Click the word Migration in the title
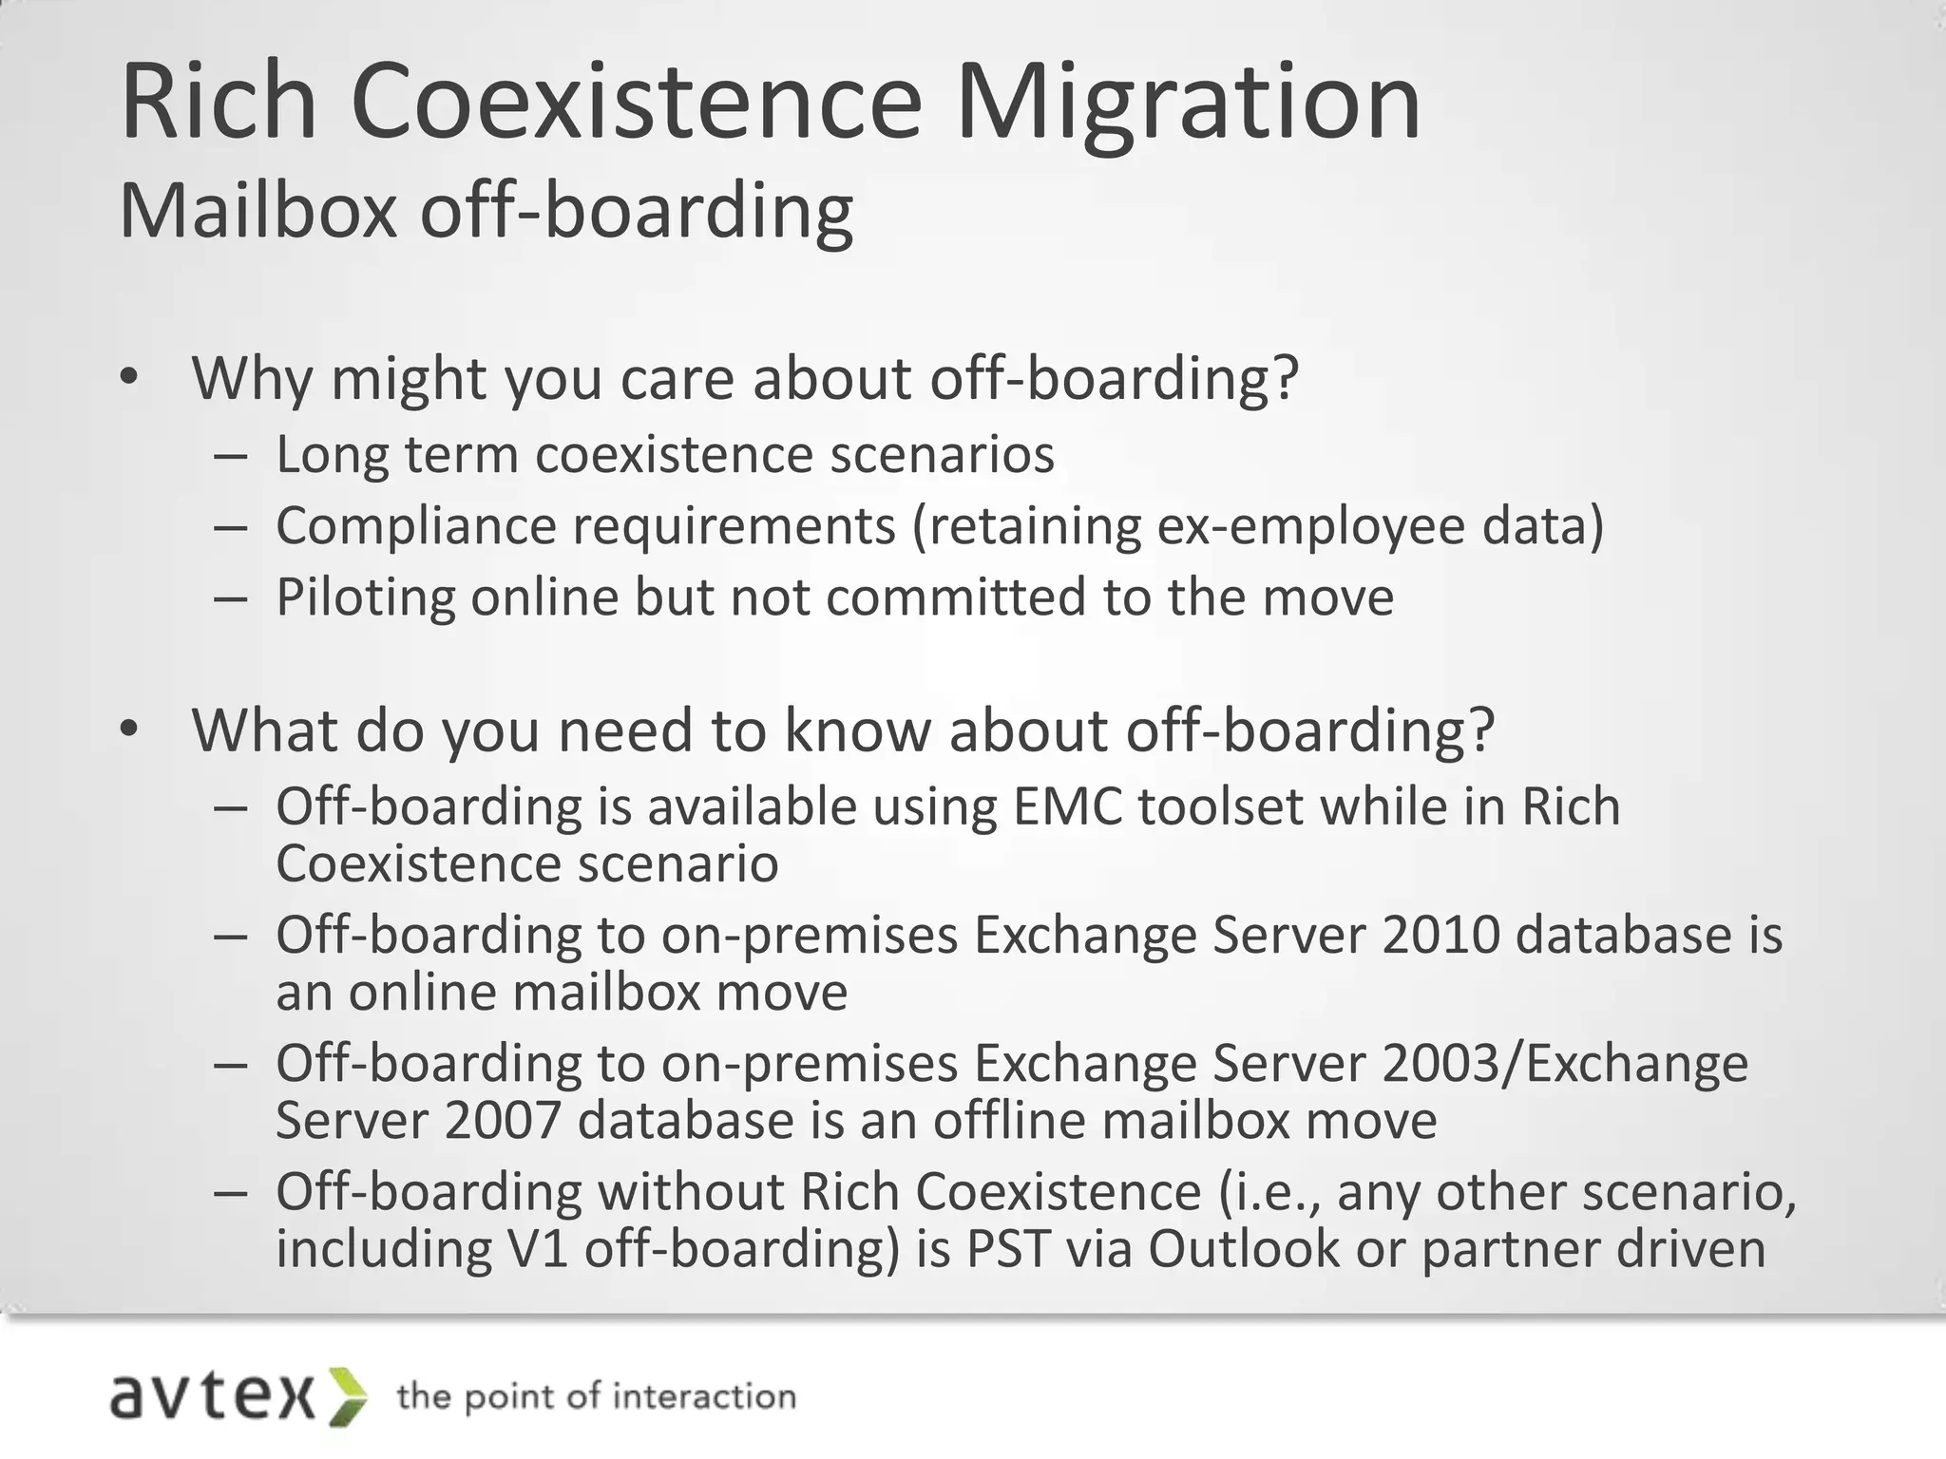tap(1188, 103)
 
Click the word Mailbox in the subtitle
tap(258, 211)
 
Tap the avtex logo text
tap(213, 1396)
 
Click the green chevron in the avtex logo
tap(349, 1396)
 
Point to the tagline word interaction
tap(703, 1396)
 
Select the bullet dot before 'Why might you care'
tap(129, 378)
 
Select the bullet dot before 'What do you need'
tap(129, 729)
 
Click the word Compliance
tap(415, 525)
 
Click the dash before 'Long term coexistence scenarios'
tap(231, 455)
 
